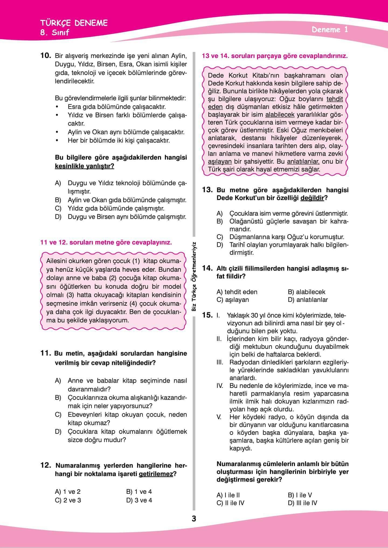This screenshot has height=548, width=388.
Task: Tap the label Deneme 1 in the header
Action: (330, 30)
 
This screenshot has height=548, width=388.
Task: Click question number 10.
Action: (46, 56)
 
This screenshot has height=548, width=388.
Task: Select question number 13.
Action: (208, 190)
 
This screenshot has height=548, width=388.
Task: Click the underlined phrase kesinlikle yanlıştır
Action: (84, 166)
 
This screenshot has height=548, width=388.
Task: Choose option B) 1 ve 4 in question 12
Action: (139, 492)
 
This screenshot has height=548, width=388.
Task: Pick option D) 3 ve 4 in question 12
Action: (139, 500)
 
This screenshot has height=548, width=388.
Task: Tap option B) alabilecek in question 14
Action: (306, 292)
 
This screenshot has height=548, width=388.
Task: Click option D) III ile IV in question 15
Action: (302, 503)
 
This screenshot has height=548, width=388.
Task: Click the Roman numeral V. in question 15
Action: (219, 417)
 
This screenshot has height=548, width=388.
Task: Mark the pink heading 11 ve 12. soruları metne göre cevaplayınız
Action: (106, 242)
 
